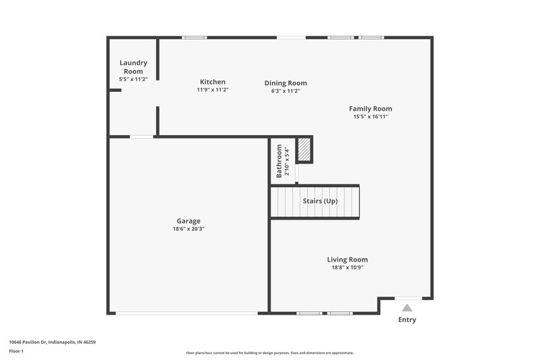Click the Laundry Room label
(x=133, y=67)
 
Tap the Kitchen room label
(x=213, y=82)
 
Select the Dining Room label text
(x=285, y=83)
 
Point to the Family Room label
(x=370, y=109)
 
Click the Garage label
(x=188, y=221)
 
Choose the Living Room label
(x=347, y=259)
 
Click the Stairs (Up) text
(x=321, y=201)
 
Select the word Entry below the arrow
(x=407, y=319)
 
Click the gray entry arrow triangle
(x=407, y=307)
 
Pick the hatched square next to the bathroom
(x=304, y=150)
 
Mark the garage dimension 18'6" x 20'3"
(x=188, y=229)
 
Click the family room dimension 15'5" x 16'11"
(x=370, y=117)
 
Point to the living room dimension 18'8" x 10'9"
(x=347, y=267)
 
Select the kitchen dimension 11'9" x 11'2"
(x=213, y=90)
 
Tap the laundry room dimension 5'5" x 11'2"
(x=133, y=79)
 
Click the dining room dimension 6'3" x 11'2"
(x=285, y=91)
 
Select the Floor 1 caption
(x=16, y=352)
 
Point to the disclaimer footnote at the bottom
(x=269, y=353)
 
